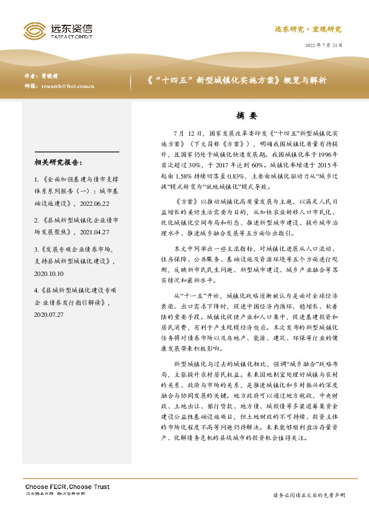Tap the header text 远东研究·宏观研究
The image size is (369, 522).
[x=308, y=29]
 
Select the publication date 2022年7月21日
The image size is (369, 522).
[x=324, y=45]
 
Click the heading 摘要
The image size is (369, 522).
[x=246, y=115]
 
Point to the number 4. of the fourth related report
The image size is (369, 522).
[x=37, y=290]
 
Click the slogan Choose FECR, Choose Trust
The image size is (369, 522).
[x=67, y=487]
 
